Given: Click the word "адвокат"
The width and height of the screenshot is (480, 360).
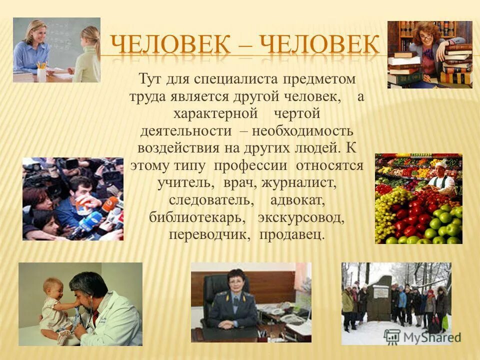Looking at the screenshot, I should pyautogui.click(x=298, y=201).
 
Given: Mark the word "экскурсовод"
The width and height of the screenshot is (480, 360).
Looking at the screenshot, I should pyautogui.click(x=301, y=218).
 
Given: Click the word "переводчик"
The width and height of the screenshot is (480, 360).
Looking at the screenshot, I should pyautogui.click(x=209, y=235).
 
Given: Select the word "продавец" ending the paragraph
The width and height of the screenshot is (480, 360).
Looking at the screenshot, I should pyautogui.click(x=292, y=235).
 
